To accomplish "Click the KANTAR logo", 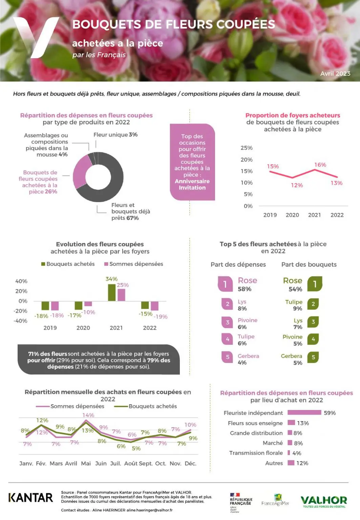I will pyautogui.click(x=31, y=497).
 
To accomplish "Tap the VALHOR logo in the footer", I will pyautogui.click(x=324, y=501).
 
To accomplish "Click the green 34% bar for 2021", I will pyautogui.click(x=111, y=292).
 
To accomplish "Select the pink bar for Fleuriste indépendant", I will pyautogui.click(x=304, y=412).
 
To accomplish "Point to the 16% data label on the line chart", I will pyautogui.click(x=320, y=165).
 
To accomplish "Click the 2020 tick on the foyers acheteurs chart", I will pyautogui.click(x=292, y=215).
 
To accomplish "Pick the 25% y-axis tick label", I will pyautogui.click(x=247, y=148).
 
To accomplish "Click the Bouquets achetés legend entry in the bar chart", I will pyautogui.click(x=68, y=264).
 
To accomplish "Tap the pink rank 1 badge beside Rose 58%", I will pyautogui.click(x=225, y=284).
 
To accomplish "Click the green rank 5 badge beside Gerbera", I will pyautogui.click(x=313, y=357).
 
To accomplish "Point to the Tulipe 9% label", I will pyautogui.click(x=294, y=305).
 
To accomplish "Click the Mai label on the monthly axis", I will pyautogui.click(x=86, y=463).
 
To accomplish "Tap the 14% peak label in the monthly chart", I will pyautogui.click(x=88, y=415).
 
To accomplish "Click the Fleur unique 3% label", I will pyautogui.click(x=115, y=135).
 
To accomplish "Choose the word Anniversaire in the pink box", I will pyautogui.click(x=192, y=181).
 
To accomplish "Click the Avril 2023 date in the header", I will pyautogui.click(x=335, y=73).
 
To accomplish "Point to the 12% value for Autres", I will pyautogui.click(x=302, y=463).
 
